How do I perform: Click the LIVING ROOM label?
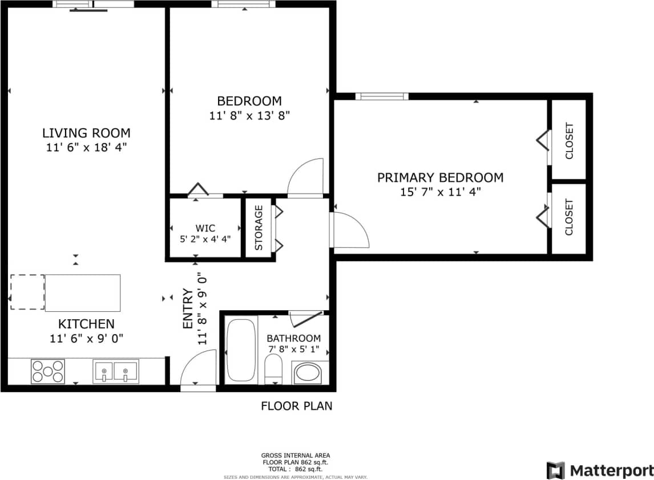(86, 133)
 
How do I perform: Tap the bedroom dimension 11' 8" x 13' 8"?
(249, 115)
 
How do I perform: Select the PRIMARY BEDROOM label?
(440, 178)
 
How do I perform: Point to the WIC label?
(205, 228)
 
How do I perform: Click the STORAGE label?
(259, 227)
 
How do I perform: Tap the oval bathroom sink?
(307, 373)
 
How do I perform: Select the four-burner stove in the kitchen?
(47, 371)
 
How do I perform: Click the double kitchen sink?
(115, 371)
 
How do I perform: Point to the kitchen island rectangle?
(83, 292)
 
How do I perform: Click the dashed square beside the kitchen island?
(27, 292)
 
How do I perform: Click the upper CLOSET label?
(569, 141)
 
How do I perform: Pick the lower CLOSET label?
(569, 217)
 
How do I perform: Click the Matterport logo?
(600, 470)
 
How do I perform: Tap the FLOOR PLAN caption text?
(296, 406)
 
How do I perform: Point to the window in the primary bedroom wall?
(382, 96)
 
